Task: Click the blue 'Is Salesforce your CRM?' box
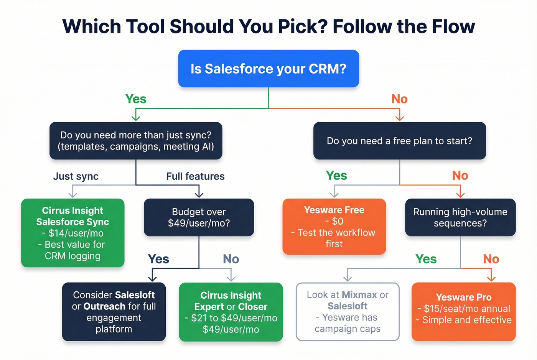[268, 69]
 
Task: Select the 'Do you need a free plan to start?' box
[399, 141]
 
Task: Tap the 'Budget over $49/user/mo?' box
[199, 217]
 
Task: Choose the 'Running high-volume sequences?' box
[460, 217]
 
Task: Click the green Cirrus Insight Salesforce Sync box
[73, 233]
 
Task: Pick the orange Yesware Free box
[334, 227]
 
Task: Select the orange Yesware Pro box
[463, 312]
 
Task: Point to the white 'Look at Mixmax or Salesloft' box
[348, 312]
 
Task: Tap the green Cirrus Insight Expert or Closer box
[231, 312]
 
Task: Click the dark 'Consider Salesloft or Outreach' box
[114, 312]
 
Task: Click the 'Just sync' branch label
[76, 176]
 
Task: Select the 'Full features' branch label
[195, 176]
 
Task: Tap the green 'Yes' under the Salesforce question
[136, 99]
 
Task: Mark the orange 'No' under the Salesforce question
[399, 99]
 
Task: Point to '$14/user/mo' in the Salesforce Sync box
[76, 233]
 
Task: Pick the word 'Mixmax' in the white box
[359, 295]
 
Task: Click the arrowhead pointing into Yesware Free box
[334, 194]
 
